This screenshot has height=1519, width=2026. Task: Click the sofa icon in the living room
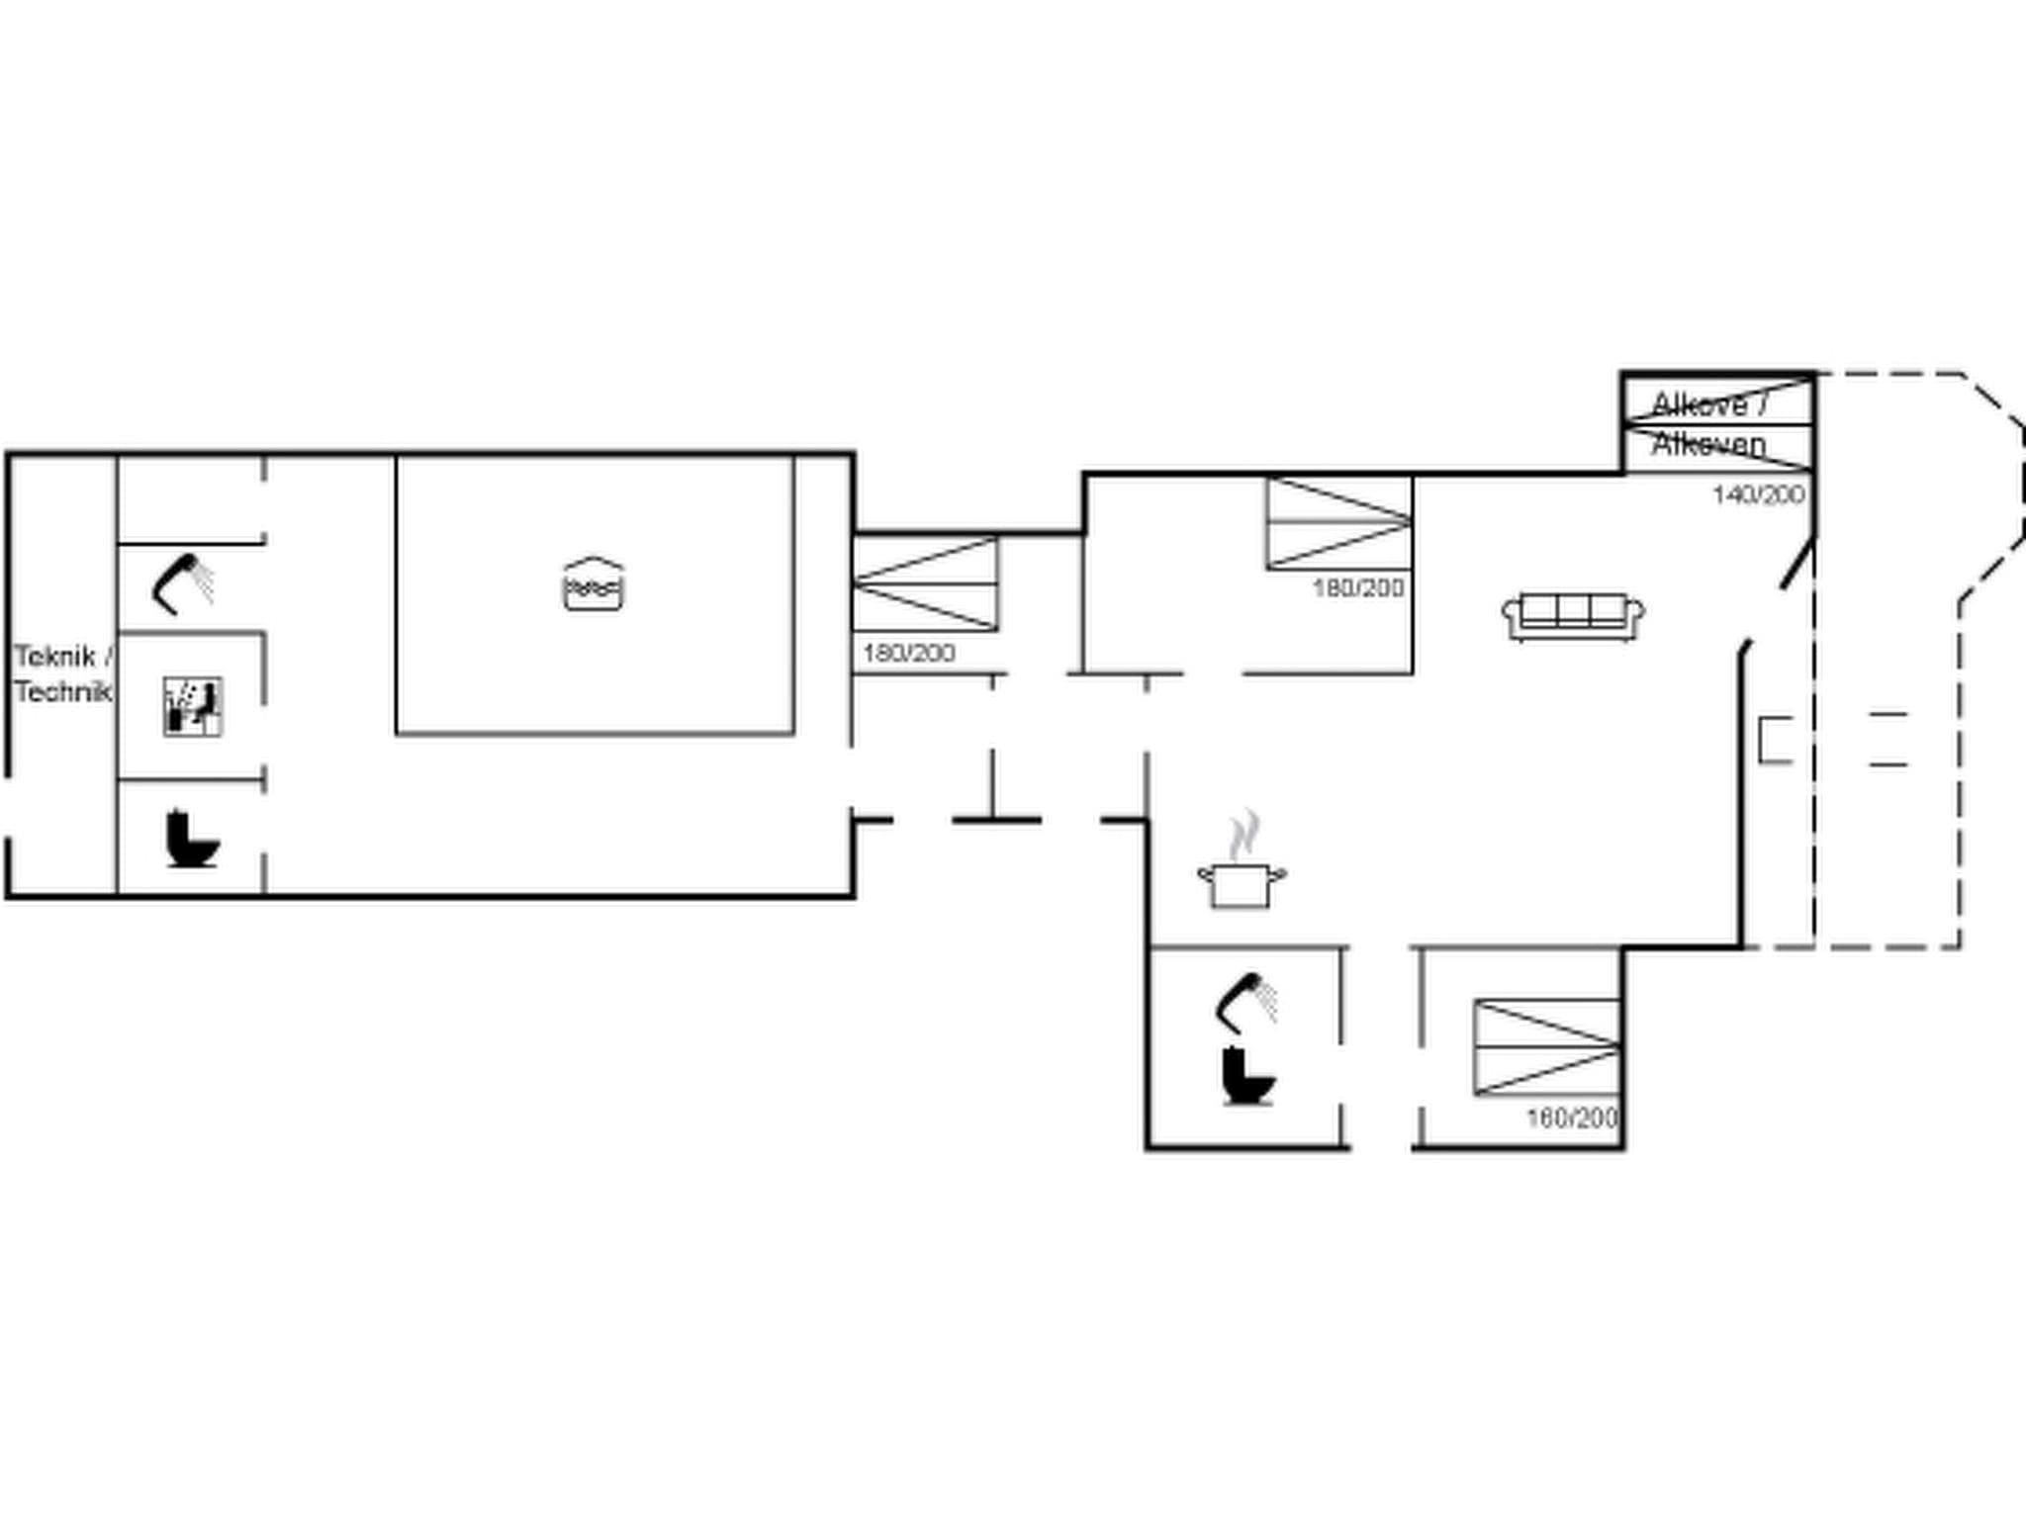1573,617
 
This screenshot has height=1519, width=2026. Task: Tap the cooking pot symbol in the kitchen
1242,883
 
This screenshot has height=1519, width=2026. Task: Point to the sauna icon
192,706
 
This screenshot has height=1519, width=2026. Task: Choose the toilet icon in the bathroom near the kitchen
1247,1076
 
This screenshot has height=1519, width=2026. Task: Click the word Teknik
54,657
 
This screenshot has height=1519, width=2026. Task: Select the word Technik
61,692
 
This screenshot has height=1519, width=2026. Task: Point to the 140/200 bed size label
1759,494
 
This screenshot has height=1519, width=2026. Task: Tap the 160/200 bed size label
1572,1118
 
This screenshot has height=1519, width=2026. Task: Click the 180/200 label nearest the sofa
1358,588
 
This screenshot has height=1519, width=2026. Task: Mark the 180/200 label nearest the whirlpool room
908,654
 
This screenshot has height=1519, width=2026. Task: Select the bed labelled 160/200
1547,1047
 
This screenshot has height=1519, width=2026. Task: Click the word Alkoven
1708,445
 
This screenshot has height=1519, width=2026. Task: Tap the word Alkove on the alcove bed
1700,404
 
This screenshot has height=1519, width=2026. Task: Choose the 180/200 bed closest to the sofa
1338,523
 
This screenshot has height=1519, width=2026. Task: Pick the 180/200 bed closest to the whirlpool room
925,584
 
